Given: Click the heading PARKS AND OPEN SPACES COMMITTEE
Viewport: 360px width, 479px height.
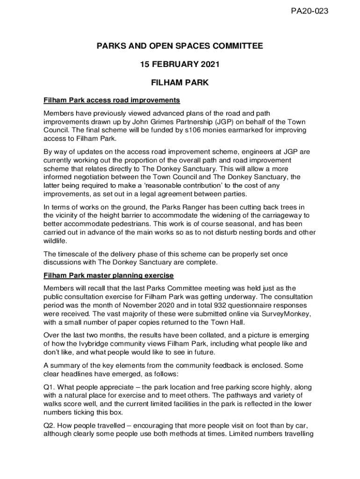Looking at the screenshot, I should [x=180, y=46].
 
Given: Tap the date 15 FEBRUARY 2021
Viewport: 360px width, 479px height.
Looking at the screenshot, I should [x=180, y=65].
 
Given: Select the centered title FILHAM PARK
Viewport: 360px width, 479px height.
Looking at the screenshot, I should [x=180, y=83].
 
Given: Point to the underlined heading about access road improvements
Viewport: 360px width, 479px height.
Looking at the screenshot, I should [x=112, y=100].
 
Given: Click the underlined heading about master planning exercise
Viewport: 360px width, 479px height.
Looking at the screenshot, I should [x=108, y=275].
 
